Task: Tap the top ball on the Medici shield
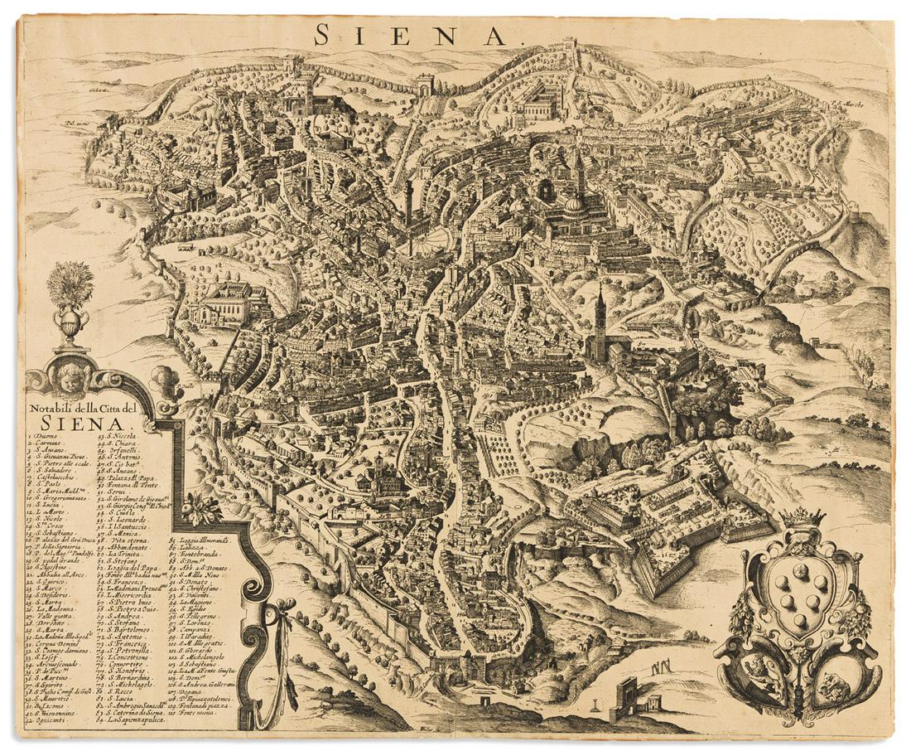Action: pos(800,570)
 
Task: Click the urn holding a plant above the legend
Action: pos(70,320)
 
